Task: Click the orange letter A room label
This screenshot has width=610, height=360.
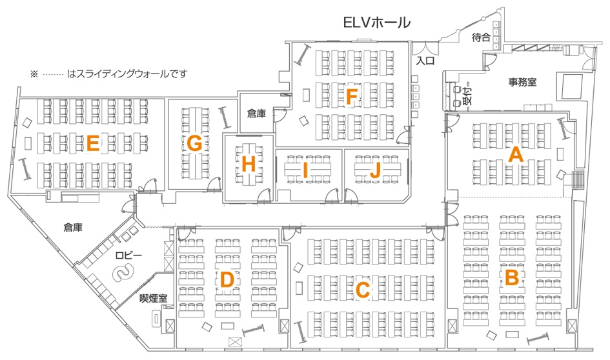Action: tap(516, 155)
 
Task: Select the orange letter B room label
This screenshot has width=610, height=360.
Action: tap(512, 277)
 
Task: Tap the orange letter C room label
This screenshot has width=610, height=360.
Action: tap(363, 290)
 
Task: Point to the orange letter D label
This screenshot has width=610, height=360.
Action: tap(227, 280)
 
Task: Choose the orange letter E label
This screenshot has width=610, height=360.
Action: tap(92, 143)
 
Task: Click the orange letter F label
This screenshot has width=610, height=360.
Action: tap(352, 97)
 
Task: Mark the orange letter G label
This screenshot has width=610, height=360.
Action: tap(194, 143)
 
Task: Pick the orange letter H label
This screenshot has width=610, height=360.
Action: tap(249, 165)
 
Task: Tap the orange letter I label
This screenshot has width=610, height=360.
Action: tap(305, 170)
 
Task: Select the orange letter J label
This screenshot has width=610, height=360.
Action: tap(374, 170)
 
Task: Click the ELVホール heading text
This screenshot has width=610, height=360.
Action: tap(376, 23)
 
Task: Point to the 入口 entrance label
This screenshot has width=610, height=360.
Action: tap(425, 61)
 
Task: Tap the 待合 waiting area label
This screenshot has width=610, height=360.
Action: tap(481, 37)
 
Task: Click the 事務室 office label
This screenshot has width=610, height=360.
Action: tap(522, 82)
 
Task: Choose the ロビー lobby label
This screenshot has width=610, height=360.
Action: tap(128, 255)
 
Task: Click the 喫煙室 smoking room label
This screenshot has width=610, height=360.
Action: tap(154, 298)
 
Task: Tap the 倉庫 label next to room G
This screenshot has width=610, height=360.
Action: tap(257, 113)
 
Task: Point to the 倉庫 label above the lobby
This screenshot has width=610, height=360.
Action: tap(73, 227)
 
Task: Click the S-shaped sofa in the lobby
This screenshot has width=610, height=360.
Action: tap(123, 272)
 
